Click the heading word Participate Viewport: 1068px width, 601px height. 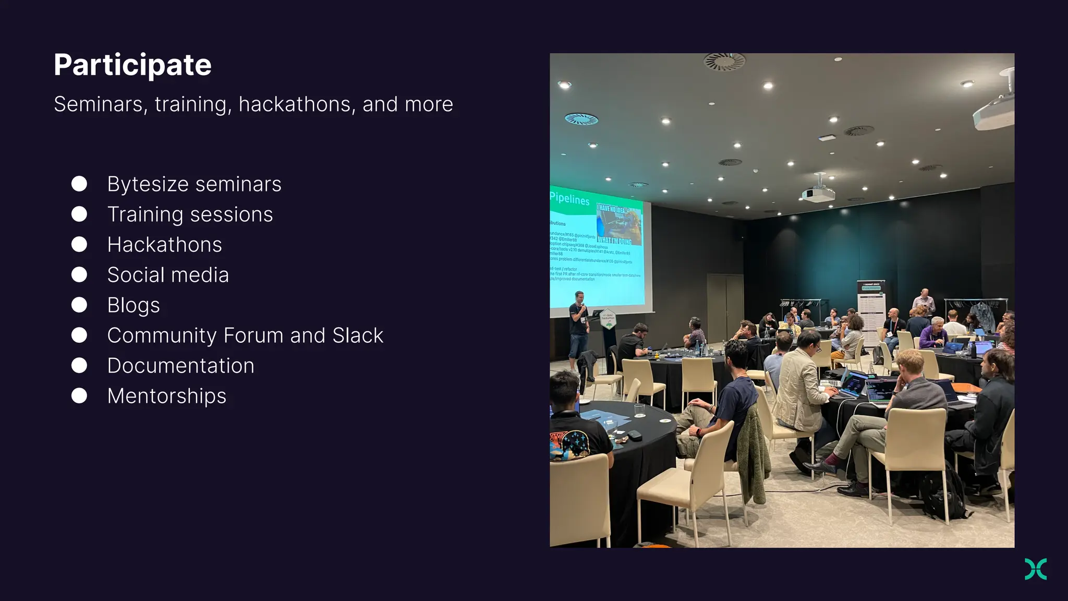tap(132, 65)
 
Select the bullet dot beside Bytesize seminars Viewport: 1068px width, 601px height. tap(79, 184)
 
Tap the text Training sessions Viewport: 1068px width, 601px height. tap(190, 214)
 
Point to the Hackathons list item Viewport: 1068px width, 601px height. tap(164, 245)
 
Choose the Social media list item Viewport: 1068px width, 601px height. tap(168, 275)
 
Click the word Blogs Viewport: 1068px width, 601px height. tap(133, 305)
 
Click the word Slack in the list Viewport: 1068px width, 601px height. tap(358, 335)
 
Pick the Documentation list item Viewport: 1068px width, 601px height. tap(180, 366)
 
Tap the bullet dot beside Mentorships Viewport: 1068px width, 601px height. tap(79, 395)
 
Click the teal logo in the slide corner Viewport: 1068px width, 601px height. tap(1035, 569)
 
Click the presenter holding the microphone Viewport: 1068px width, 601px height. tap(578, 329)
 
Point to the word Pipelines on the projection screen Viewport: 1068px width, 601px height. tap(569, 199)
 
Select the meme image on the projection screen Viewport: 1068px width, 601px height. tap(618, 225)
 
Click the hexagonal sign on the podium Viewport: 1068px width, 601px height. tap(608, 319)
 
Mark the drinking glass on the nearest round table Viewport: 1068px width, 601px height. tap(639, 411)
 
